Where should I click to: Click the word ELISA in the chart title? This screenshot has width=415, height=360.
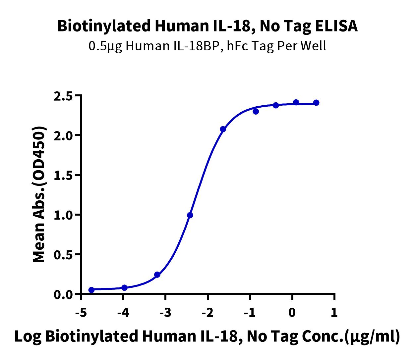[x=336, y=26]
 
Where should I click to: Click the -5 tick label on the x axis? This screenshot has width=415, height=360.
[x=81, y=312]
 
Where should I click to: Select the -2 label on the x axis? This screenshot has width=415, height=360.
[x=208, y=312]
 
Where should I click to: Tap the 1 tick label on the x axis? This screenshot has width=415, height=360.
[x=334, y=312]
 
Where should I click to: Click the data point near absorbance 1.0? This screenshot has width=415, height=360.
[x=190, y=215]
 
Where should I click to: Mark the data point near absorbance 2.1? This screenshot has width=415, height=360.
[x=223, y=129]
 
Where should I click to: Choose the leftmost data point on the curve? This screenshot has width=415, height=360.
[x=91, y=290]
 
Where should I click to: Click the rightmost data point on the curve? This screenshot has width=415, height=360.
[x=316, y=103]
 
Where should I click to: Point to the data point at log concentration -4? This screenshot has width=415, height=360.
[x=124, y=288]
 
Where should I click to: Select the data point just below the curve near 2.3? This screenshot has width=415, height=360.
[x=256, y=111]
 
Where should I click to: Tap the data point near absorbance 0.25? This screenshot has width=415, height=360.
[x=157, y=275]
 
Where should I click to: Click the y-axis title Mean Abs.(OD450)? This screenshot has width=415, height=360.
[x=39, y=194]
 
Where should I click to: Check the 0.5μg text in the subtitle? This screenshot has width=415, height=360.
[x=105, y=46]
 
